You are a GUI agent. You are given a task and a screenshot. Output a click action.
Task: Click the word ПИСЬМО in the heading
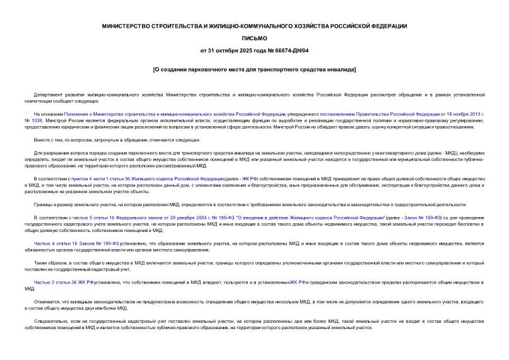[x=254, y=38]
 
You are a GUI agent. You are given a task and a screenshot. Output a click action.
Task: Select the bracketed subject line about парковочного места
[x=254, y=68]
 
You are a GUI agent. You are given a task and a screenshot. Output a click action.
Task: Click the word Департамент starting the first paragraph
[x=49, y=93]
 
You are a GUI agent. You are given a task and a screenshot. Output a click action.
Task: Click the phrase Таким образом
[x=51, y=263]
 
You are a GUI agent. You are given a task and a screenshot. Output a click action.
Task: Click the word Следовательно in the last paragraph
[x=53, y=322]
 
